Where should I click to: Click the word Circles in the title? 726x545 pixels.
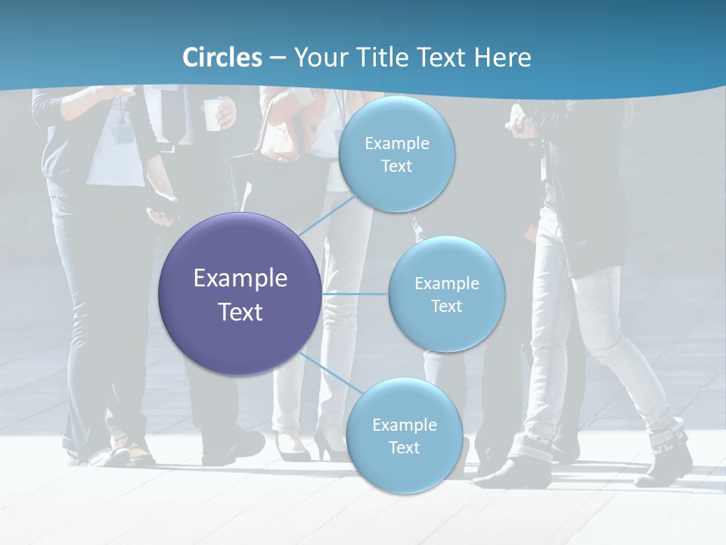point(222,58)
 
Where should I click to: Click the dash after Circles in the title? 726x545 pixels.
point(277,58)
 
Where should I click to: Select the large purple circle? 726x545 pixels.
point(240,294)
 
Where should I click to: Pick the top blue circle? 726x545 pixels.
point(396,154)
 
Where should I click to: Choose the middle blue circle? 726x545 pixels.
point(446,294)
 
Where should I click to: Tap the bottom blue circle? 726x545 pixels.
point(404,435)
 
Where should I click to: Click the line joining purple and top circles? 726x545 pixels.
point(327,215)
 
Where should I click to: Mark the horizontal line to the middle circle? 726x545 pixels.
point(355,294)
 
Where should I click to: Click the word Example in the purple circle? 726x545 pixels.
point(240,278)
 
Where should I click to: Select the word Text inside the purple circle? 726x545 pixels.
point(240,312)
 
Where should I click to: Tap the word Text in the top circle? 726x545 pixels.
point(396,167)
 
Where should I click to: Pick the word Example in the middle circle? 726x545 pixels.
point(447,283)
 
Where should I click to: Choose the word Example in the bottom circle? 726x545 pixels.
point(405,425)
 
